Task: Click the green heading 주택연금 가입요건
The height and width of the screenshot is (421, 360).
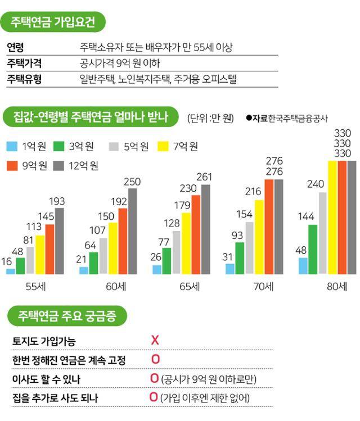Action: tap(53, 23)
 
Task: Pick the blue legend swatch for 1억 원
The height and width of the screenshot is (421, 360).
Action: tap(12, 147)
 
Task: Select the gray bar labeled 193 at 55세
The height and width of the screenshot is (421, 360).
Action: tap(60, 241)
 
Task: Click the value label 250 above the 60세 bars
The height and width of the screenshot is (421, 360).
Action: tap(132, 182)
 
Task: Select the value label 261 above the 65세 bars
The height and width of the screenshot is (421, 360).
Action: tap(205, 177)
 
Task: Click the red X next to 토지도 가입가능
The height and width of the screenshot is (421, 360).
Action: tap(155, 340)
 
